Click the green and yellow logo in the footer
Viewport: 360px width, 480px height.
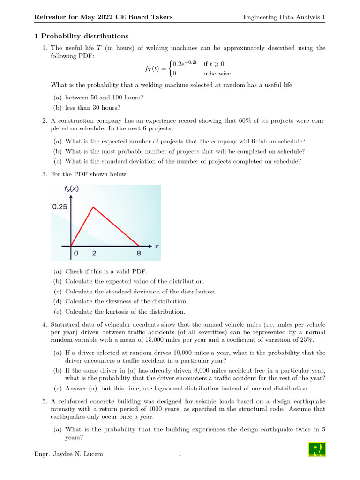[x=317, y=449]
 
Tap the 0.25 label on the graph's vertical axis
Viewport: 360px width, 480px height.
[x=60, y=207]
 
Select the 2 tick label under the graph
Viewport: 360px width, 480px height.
[x=94, y=253]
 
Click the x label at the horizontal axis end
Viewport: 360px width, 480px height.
[x=157, y=246]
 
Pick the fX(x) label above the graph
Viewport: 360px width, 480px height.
[x=71, y=190]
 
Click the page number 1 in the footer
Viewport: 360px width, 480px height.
[x=180, y=454]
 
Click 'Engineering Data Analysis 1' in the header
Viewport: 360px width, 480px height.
[x=284, y=17]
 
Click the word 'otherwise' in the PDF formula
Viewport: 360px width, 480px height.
[x=217, y=73]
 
